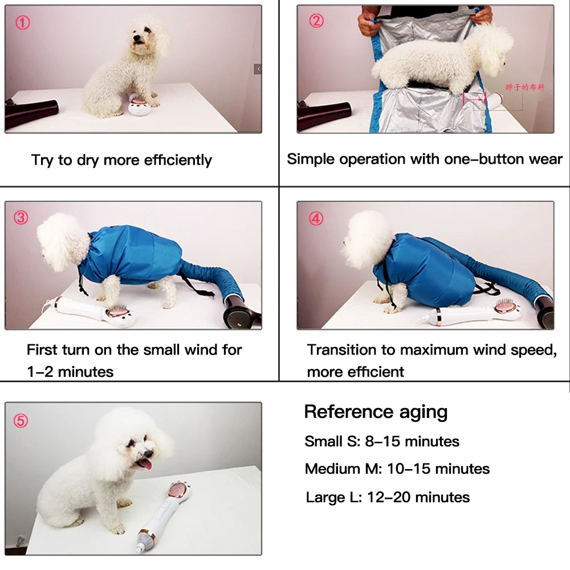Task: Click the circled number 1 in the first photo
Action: pyautogui.click(x=22, y=23)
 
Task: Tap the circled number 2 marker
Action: pyautogui.click(x=316, y=21)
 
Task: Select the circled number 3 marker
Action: pyautogui.click(x=21, y=217)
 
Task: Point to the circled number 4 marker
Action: pyautogui.click(x=316, y=218)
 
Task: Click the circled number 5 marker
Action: pyautogui.click(x=21, y=421)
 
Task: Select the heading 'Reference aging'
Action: pyautogui.click(x=376, y=412)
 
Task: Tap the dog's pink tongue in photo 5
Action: pyautogui.click(x=145, y=463)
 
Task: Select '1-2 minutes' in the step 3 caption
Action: pyautogui.click(x=70, y=372)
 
